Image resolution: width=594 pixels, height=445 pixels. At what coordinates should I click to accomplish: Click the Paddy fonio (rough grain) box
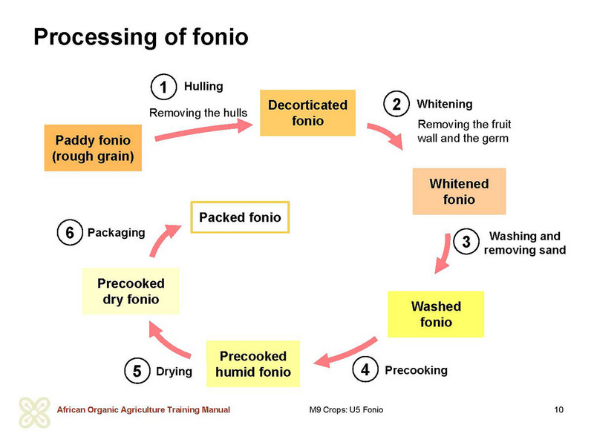click(93, 148)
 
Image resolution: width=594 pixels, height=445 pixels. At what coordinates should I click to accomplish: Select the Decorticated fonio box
click(307, 113)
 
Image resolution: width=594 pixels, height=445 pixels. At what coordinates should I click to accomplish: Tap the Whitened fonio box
click(459, 191)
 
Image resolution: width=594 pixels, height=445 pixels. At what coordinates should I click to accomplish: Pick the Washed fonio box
click(436, 314)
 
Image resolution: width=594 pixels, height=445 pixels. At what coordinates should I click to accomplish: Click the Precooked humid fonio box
click(253, 363)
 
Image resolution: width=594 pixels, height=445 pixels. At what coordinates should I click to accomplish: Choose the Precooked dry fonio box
click(131, 291)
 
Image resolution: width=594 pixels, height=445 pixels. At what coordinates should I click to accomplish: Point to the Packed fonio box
click(240, 217)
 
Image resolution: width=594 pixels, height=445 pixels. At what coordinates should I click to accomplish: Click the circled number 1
click(163, 87)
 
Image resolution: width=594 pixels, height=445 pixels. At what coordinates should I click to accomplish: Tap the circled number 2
click(396, 104)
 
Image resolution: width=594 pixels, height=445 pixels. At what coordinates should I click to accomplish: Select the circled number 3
click(466, 242)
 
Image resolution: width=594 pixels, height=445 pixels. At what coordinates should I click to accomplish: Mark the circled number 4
click(365, 369)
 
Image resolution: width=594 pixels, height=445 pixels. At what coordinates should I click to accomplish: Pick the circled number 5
click(137, 371)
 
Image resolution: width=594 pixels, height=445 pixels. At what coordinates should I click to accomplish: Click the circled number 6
click(70, 232)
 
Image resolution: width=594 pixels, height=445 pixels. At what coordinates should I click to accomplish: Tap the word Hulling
click(203, 86)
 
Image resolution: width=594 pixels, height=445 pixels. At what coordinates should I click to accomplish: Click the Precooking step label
click(416, 370)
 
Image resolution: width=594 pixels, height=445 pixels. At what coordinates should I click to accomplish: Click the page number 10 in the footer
click(559, 409)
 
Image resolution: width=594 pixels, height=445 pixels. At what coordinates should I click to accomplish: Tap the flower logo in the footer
click(34, 412)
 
